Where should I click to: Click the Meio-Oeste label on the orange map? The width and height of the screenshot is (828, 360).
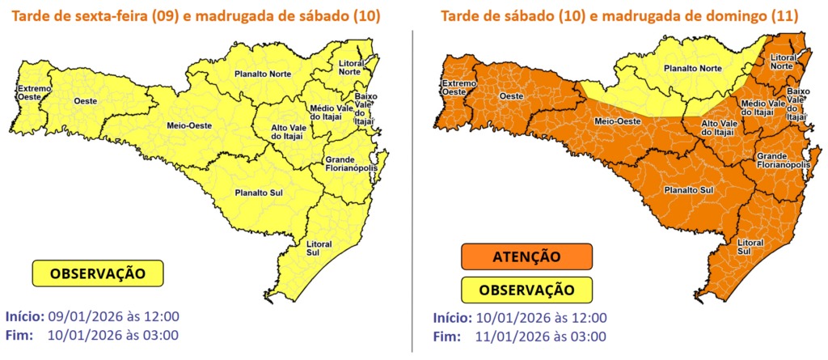pyautogui.click(x=614, y=121)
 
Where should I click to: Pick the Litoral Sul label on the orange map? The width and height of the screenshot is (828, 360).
pyautogui.click(x=750, y=247)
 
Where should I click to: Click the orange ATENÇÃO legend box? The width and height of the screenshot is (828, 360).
pyautogui.click(x=526, y=256)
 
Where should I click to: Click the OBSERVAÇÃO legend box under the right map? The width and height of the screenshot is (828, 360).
pyautogui.click(x=526, y=289)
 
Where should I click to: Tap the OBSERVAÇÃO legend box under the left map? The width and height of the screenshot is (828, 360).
pyautogui.click(x=98, y=273)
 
